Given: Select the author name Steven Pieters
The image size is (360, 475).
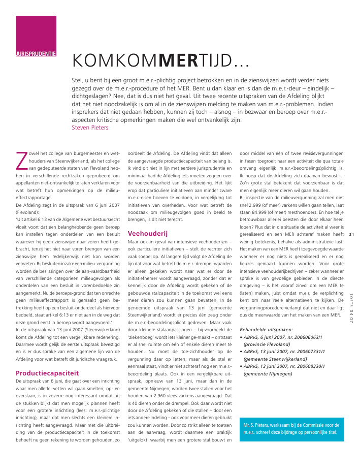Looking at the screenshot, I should [90, 128].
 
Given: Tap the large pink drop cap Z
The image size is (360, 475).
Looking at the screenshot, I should [21, 160].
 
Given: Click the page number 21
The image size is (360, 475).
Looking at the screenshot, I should [352, 234].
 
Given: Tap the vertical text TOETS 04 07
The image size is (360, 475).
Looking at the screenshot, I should [352, 310].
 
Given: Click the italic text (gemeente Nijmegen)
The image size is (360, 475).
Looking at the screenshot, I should [268, 374].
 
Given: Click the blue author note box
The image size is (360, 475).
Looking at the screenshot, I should [291, 428].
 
